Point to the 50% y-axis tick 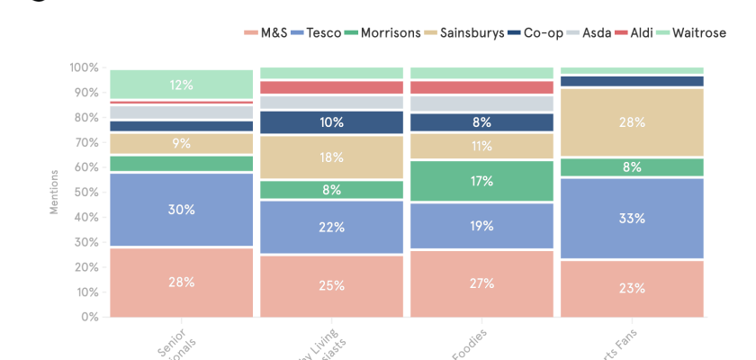click(87, 193)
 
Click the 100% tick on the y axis click(85, 67)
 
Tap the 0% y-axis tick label click(90, 317)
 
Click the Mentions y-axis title click(54, 191)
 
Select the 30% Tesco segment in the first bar click(182, 210)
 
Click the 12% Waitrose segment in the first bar click(182, 85)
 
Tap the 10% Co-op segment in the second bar click(331, 122)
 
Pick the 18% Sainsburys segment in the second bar click(331, 157)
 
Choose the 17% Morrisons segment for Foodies click(481, 181)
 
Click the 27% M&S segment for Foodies click(481, 283)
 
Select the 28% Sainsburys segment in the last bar click(632, 122)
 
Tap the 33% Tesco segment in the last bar click(632, 218)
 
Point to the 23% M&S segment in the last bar click(632, 288)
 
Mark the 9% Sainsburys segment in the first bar click(182, 143)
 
